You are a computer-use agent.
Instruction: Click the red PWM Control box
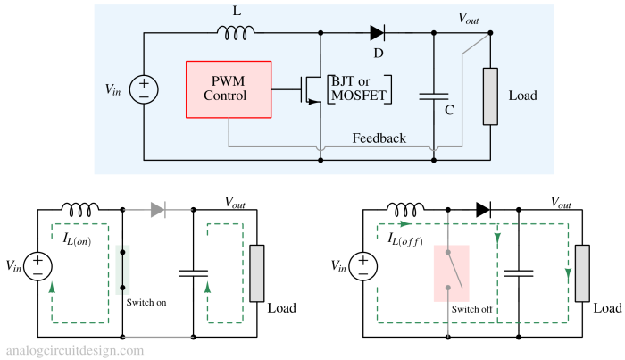229,89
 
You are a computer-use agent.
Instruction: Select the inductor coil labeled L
236,33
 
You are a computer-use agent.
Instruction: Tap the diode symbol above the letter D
377,33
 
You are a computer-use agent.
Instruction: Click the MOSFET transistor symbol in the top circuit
311,89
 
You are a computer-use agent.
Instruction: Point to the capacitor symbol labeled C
434,96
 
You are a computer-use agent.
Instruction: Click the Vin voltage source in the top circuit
144,89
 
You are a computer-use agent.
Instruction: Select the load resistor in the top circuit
490,96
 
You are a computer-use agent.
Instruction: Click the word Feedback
379,138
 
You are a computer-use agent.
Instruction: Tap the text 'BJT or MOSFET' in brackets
359,88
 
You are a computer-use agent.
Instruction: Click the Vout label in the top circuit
469,18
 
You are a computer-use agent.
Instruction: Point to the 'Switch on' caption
146,302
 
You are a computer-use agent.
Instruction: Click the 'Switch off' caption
472,309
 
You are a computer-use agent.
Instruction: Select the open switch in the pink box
454,270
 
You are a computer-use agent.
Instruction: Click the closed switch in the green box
123,270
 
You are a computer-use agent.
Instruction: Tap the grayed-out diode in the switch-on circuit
158,210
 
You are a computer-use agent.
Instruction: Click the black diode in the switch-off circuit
484,210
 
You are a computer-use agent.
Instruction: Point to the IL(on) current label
77,239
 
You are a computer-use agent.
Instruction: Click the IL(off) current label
405,239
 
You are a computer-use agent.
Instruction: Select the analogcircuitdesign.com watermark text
75,351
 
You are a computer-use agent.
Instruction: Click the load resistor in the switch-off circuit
582,273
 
